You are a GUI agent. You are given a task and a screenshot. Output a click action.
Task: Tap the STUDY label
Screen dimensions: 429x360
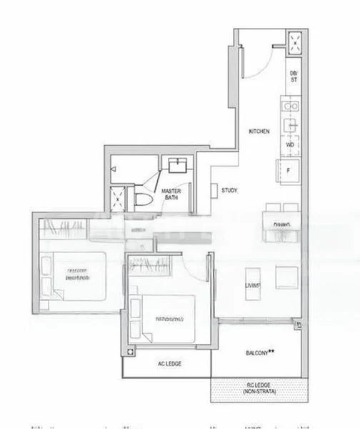tap(229, 190)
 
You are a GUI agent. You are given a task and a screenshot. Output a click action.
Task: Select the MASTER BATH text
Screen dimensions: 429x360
tap(170, 194)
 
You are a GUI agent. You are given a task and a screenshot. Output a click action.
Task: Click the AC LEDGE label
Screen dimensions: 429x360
tap(169, 364)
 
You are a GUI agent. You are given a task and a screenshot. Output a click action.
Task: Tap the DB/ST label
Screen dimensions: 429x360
tap(293, 77)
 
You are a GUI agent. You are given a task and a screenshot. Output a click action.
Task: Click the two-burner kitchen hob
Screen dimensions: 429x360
tap(291, 107)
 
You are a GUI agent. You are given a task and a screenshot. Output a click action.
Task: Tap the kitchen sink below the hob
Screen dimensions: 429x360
tap(291, 125)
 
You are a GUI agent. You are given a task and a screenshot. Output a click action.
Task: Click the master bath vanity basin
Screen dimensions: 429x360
tap(176, 167)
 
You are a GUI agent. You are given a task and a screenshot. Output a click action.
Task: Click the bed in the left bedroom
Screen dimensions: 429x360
tap(74, 276)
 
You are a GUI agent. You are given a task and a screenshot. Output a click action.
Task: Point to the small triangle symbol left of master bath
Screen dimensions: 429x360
tap(113, 169)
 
